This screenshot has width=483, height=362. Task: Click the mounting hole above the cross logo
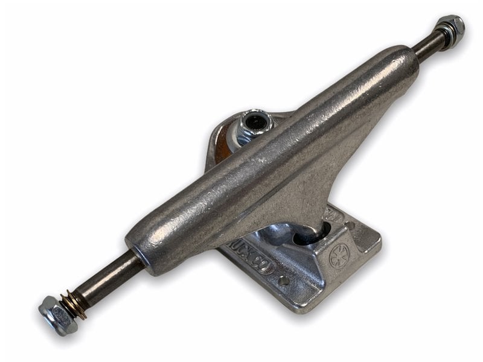point(350,225)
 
